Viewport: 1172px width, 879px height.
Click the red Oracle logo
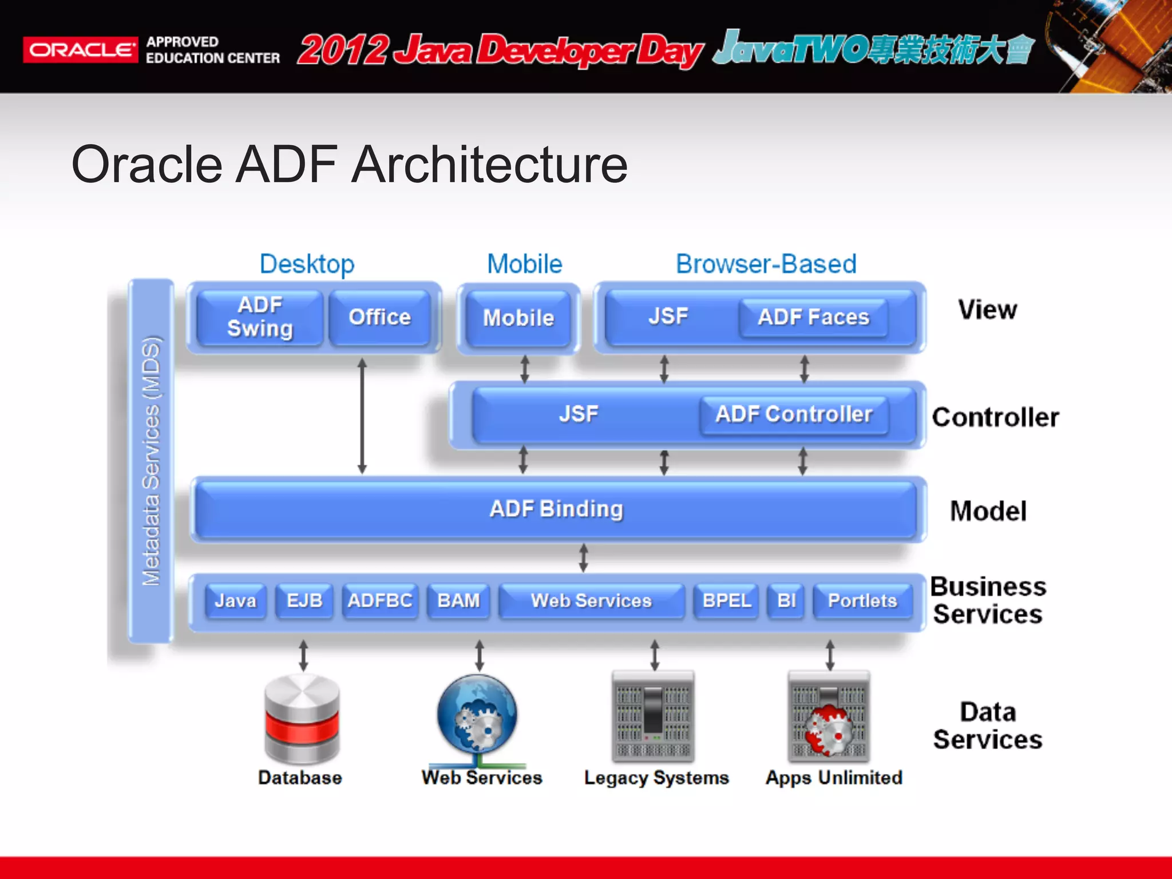pos(80,50)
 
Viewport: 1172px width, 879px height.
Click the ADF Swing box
pos(260,318)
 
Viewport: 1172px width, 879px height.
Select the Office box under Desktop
pos(380,318)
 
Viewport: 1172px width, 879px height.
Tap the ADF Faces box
pos(813,318)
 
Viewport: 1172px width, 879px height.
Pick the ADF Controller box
pos(794,415)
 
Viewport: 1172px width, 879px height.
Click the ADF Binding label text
pos(556,509)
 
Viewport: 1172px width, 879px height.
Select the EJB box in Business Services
pos(304,601)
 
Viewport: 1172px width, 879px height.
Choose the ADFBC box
pos(380,601)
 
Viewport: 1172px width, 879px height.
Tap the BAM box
pos(458,601)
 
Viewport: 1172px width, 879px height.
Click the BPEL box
pos(726,601)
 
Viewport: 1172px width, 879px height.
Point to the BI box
pos(787,601)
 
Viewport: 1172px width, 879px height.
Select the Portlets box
pos(862,601)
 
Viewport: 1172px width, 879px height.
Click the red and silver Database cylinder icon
pos(302,719)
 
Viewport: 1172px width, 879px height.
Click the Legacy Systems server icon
pos(653,716)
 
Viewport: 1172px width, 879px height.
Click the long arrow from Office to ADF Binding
pos(362,416)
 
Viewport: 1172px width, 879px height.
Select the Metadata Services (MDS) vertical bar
pos(151,461)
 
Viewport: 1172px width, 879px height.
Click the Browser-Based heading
pos(766,264)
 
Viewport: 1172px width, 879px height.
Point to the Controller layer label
pos(995,417)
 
